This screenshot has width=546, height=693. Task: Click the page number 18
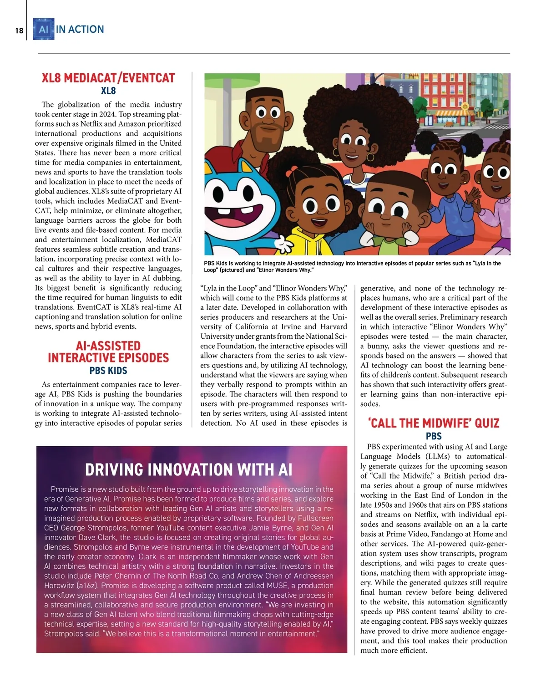click(x=19, y=31)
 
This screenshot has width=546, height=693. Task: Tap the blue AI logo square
click(x=44, y=30)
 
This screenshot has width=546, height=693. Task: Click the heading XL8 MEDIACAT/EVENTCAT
click(x=108, y=78)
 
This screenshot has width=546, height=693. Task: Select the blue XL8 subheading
click(x=108, y=91)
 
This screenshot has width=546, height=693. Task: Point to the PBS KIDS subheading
click(x=108, y=371)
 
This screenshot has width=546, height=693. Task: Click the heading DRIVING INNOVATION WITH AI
click(x=188, y=469)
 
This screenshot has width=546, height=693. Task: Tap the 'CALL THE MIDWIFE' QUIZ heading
click(x=434, y=423)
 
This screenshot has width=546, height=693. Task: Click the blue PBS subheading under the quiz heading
click(x=434, y=436)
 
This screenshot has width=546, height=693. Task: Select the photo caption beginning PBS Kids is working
click(x=352, y=266)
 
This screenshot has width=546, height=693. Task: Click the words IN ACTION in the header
click(x=80, y=30)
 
